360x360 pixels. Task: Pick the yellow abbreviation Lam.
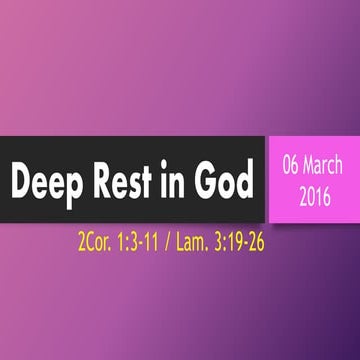(192, 240)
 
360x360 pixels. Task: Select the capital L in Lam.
(181, 240)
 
